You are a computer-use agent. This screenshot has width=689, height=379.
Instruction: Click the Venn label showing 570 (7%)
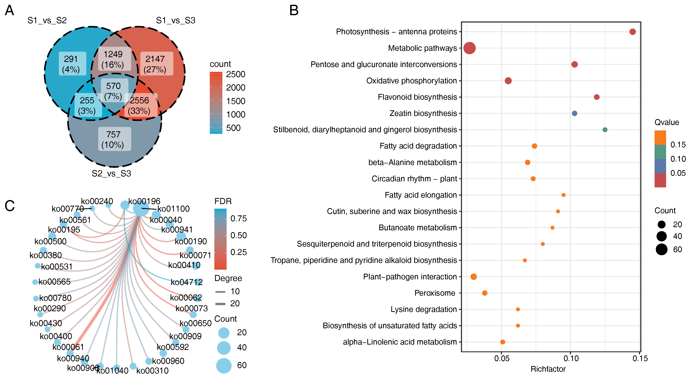(x=113, y=91)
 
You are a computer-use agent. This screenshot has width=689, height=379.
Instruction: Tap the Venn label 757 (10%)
(x=113, y=139)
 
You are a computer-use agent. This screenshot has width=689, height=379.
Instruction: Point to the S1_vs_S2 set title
(x=47, y=20)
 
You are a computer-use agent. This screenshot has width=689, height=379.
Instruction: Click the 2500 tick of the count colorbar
(x=235, y=74)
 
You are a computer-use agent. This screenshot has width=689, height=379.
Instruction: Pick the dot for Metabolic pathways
(x=469, y=48)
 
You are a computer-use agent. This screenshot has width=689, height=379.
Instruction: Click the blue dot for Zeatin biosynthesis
(x=574, y=113)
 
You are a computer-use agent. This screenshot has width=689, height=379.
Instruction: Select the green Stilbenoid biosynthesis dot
(x=605, y=130)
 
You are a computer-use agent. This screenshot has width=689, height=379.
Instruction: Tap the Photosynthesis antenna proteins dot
(x=632, y=32)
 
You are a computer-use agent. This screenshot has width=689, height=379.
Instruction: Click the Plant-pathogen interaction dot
(x=473, y=277)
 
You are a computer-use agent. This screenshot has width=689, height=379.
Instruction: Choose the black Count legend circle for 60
(x=662, y=249)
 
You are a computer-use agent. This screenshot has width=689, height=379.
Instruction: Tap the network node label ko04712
(x=186, y=282)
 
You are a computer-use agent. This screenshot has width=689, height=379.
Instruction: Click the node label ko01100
(x=173, y=209)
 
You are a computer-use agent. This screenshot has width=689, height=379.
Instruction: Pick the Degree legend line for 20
(x=220, y=304)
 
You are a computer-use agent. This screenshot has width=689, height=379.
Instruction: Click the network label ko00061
(x=68, y=347)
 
